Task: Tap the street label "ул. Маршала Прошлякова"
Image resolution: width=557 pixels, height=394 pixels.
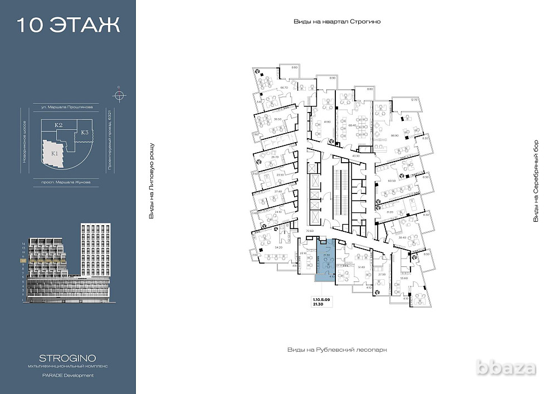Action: (67, 106)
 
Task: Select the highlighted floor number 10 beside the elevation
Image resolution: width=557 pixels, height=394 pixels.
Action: (23, 260)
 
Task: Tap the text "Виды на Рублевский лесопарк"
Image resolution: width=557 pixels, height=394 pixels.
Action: (336, 350)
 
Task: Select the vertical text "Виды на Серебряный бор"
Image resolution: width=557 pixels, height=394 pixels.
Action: (536, 181)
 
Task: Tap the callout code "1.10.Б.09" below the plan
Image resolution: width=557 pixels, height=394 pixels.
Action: (321, 300)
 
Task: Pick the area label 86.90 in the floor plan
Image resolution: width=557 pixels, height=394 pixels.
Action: (395, 135)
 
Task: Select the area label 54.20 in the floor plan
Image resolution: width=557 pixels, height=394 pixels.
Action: (279, 246)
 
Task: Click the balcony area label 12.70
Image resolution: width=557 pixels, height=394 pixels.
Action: (413, 100)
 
